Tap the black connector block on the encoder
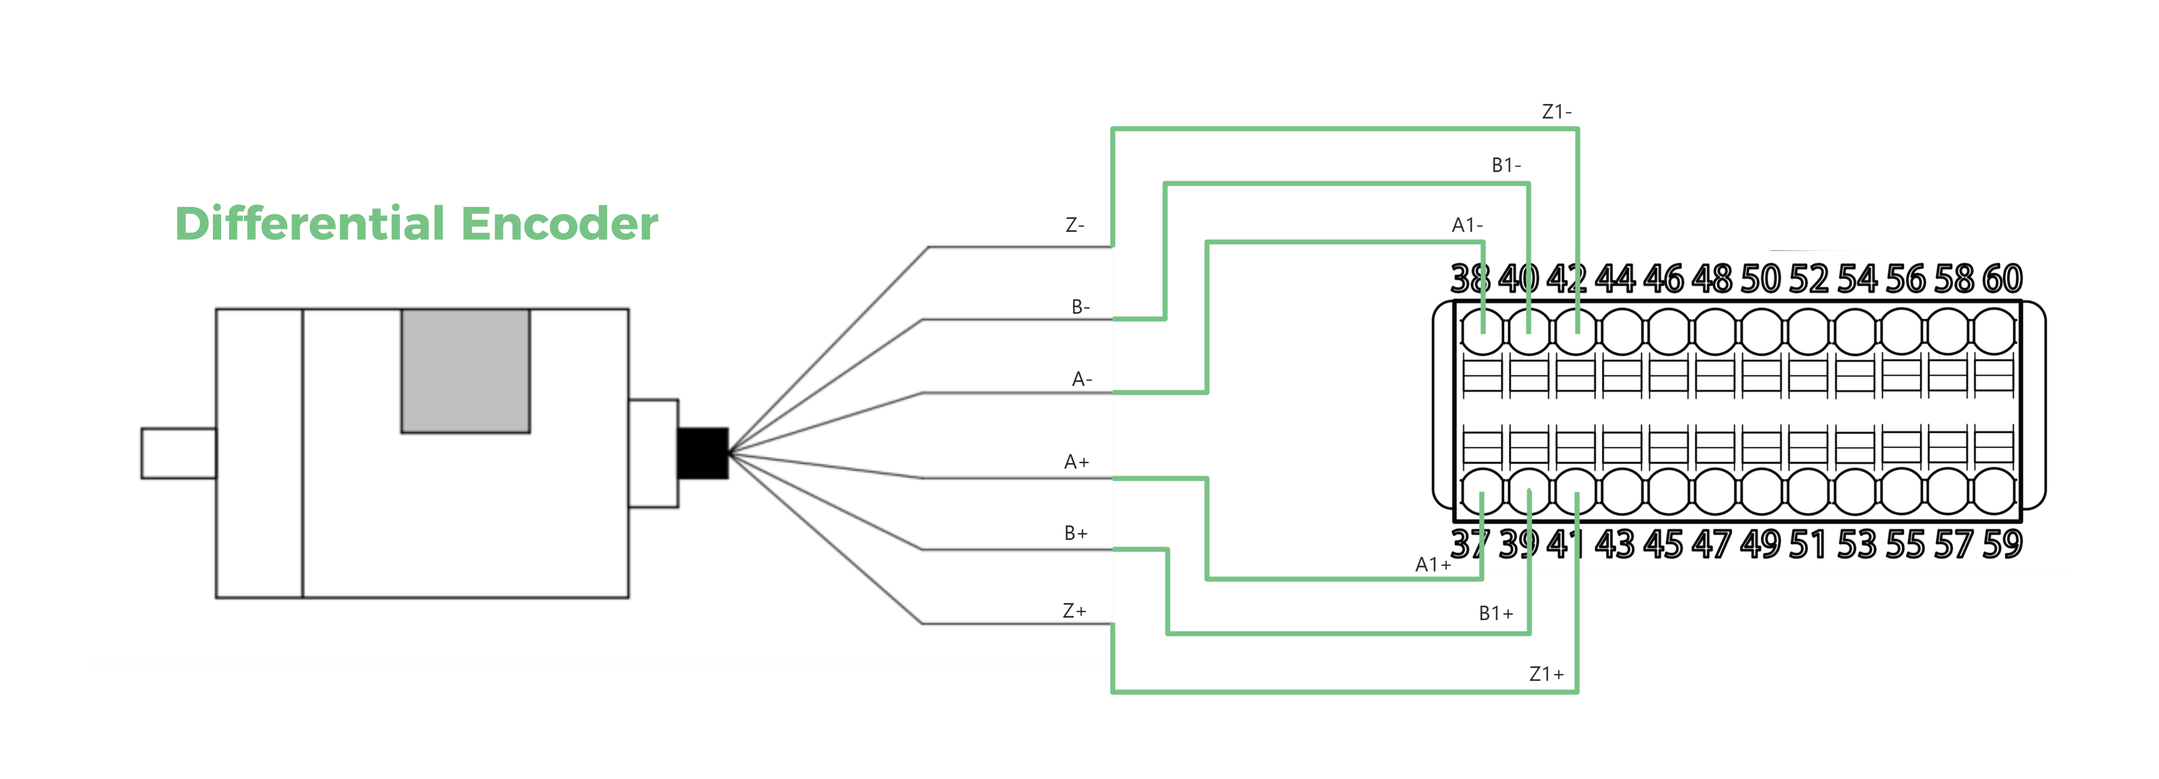(702, 453)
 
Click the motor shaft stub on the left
(178, 453)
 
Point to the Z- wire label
(1075, 225)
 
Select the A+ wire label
(1076, 462)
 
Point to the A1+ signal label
(1432, 565)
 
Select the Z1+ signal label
(1546, 675)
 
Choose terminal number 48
(1711, 279)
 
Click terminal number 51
(1807, 544)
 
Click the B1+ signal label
(1495, 613)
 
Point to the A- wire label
(1081, 380)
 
